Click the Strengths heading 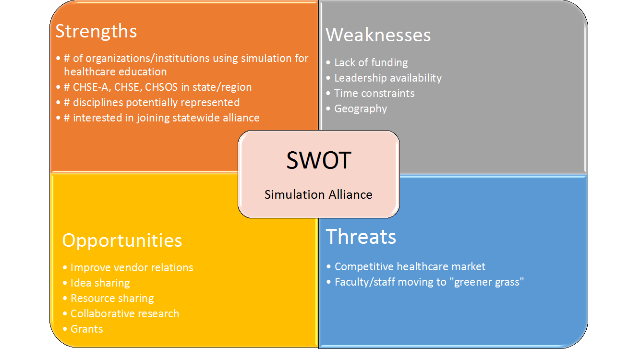pyautogui.click(x=96, y=31)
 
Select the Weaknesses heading pyautogui.click(x=378, y=35)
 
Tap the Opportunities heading pyautogui.click(x=122, y=240)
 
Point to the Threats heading pyautogui.click(x=361, y=237)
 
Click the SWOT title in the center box pyautogui.click(x=318, y=160)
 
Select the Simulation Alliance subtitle pyautogui.click(x=318, y=194)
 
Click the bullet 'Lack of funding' pyautogui.click(x=371, y=62)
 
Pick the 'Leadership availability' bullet pyautogui.click(x=387, y=78)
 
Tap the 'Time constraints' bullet pyautogui.click(x=374, y=93)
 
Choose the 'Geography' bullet pyautogui.click(x=360, y=108)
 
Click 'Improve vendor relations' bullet pyautogui.click(x=132, y=267)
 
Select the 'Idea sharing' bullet pyautogui.click(x=100, y=283)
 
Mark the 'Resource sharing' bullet pyautogui.click(x=112, y=298)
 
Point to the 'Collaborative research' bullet pyautogui.click(x=124, y=313)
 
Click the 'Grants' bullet pyautogui.click(x=86, y=329)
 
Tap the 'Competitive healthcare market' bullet pyautogui.click(x=410, y=266)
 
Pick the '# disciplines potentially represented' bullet pyautogui.click(x=151, y=103)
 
